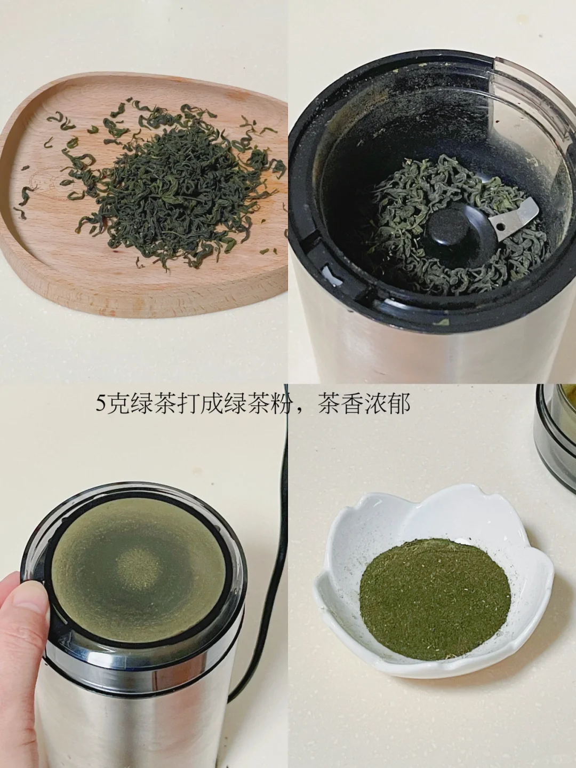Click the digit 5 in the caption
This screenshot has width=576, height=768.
coord(101,405)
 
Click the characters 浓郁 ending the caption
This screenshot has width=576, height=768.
coord(390,405)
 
